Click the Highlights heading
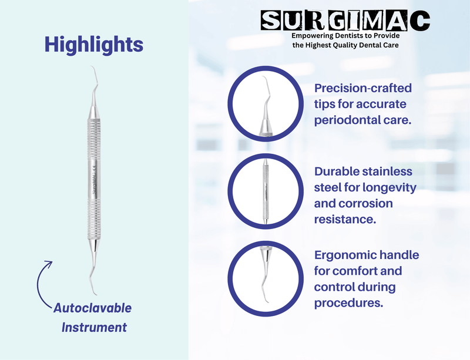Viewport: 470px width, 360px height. coord(94,44)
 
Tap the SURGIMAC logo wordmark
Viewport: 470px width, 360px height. coord(345,22)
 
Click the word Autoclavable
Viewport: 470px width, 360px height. coord(93,308)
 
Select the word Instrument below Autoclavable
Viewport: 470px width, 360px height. coord(94,327)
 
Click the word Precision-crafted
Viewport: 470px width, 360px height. coord(363,88)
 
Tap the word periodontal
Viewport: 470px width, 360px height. coord(350,120)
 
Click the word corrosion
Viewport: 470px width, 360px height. coord(368,204)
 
